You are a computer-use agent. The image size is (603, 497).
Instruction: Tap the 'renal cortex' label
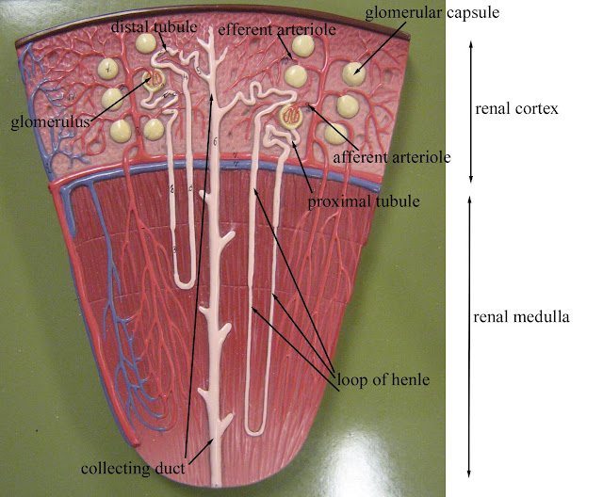(517, 108)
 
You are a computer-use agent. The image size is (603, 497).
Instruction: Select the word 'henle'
(412, 380)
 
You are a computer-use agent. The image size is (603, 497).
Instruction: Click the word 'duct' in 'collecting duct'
(171, 467)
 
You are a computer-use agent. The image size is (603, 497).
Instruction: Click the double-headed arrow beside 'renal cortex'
(471, 111)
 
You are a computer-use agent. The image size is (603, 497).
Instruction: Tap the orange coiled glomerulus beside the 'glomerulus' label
(155, 82)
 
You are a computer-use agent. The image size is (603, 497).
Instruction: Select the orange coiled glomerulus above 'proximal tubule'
(293, 119)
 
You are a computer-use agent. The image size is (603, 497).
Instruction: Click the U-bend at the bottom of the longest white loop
(253, 429)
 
